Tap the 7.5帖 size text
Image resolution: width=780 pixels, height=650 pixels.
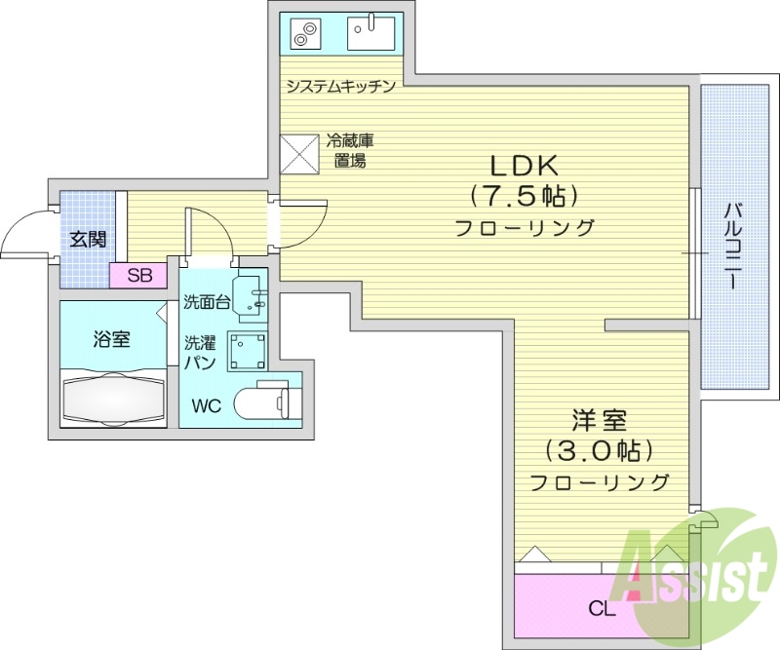point(525,195)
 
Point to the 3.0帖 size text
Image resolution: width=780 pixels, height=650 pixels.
point(599,451)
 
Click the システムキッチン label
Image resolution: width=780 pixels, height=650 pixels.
point(340,86)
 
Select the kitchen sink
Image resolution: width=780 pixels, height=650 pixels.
point(371,33)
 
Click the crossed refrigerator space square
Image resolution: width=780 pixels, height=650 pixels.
point(300,152)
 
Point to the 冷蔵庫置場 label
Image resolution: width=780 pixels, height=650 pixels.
point(349,151)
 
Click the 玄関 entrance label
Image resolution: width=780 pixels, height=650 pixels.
point(88,239)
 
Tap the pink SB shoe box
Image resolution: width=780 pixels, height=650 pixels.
point(139,276)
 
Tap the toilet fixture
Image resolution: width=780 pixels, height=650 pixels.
point(267,401)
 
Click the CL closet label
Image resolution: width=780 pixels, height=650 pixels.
point(602,609)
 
